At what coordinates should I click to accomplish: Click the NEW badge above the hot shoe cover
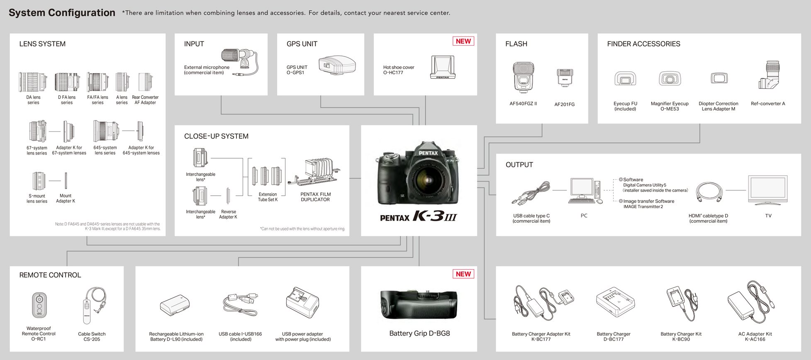463,41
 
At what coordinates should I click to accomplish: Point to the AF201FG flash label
564,105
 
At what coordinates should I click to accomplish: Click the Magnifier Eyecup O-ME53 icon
670,78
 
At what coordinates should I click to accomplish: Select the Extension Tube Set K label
268,197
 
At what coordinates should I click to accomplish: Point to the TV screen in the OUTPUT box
767,189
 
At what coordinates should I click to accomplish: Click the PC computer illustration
584,191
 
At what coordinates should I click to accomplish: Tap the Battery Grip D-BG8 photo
419,304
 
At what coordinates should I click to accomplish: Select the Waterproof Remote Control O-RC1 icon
39,305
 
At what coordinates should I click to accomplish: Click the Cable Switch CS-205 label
92,336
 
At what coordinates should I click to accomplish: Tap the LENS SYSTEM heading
42,44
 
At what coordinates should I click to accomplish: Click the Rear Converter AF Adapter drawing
146,82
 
